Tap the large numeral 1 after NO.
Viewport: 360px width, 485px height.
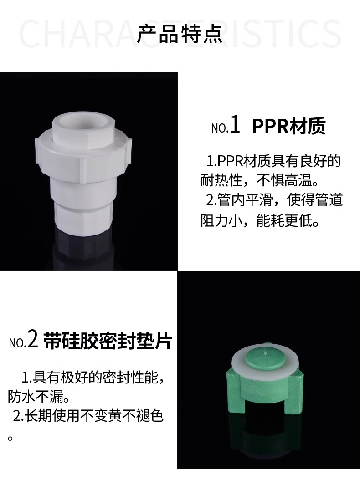235,125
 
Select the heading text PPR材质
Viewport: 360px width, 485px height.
289,126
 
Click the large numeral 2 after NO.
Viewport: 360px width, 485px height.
33,341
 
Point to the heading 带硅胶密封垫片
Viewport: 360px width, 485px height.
108,341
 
